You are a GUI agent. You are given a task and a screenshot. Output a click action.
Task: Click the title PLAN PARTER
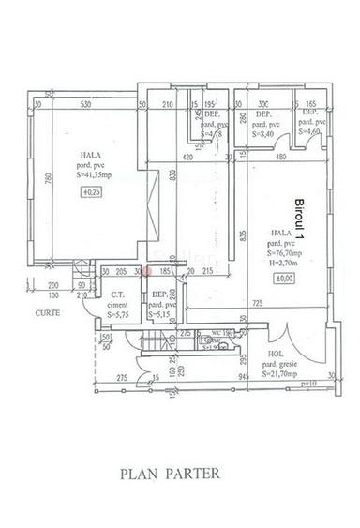[171, 475]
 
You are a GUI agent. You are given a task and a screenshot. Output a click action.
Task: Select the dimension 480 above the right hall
[281, 158]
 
